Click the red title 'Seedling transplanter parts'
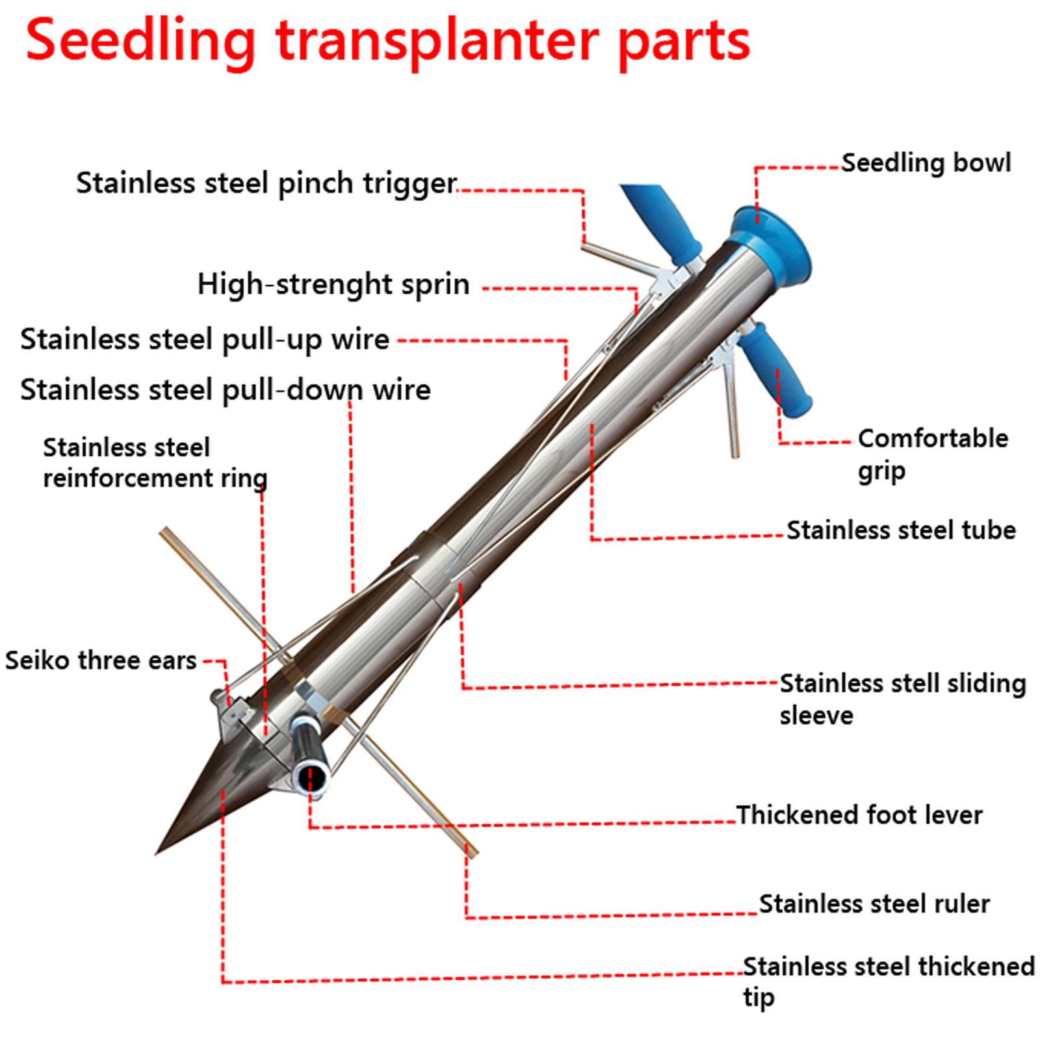tap(387, 41)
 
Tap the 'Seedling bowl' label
tap(926, 162)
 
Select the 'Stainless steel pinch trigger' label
tap(266, 183)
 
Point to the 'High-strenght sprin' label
tap(333, 284)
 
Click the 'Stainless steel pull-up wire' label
tap(205, 339)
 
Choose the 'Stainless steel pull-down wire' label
tap(225, 390)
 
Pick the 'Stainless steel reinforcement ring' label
tap(155, 463)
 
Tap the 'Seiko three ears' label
tap(101, 660)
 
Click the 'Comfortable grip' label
tap(932, 454)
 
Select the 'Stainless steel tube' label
tap(901, 530)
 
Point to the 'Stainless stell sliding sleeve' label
tap(902, 699)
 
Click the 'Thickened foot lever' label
tap(859, 814)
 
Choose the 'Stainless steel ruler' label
tap(874, 903)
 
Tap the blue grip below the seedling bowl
tap(776, 370)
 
